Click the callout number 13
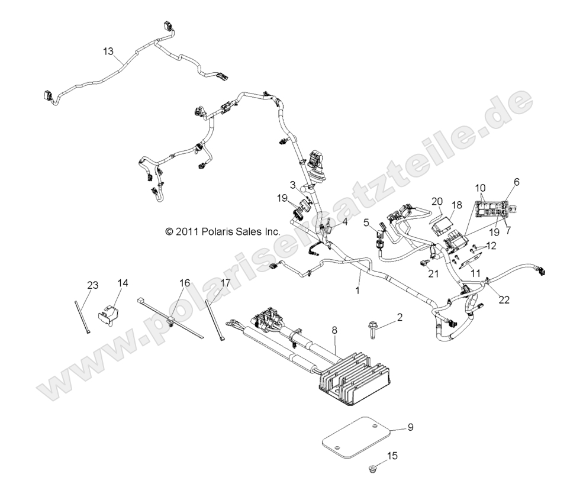pos(108,52)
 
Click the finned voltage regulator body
pos(355,379)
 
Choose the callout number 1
pos(357,291)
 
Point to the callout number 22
pos(504,299)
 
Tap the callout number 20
pos(437,201)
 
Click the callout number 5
pos(366,222)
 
